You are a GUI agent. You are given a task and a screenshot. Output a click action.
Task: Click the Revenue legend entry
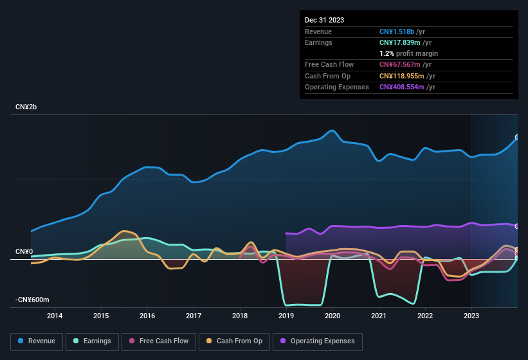(x=37, y=341)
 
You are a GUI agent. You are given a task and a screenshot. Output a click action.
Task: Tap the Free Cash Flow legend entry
(x=159, y=341)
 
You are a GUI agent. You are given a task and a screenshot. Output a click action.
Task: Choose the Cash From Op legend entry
(x=234, y=341)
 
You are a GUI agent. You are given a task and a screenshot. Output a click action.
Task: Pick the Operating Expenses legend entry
(x=317, y=341)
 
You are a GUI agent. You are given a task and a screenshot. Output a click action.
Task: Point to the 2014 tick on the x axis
(x=55, y=316)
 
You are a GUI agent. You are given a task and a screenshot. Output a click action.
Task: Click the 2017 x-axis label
(x=194, y=316)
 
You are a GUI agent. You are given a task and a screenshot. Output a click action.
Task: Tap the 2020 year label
(x=332, y=316)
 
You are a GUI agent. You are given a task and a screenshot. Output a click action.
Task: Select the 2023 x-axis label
(x=471, y=316)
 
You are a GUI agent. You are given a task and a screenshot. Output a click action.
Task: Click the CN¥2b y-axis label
(x=26, y=107)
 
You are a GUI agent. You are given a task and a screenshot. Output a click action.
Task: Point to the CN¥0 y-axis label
(x=24, y=251)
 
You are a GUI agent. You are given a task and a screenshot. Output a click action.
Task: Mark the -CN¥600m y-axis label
(x=32, y=300)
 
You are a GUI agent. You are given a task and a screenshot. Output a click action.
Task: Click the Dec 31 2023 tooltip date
(x=324, y=20)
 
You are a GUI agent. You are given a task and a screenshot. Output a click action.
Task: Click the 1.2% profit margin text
(x=408, y=53)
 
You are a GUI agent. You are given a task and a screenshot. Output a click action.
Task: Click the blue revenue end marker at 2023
(x=517, y=138)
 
